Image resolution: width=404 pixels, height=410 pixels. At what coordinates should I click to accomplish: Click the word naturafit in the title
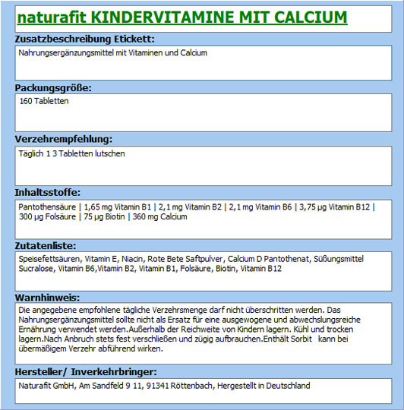pos(50,17)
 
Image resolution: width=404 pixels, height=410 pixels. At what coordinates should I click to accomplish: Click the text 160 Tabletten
pos(44,101)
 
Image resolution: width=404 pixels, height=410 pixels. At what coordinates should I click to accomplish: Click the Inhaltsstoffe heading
pos(47,192)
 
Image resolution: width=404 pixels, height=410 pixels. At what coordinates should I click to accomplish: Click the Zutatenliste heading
pos(46,245)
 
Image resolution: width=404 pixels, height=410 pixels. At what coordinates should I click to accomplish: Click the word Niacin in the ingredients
pos(134,259)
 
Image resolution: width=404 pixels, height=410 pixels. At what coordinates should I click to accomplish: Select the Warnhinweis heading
pos(47,298)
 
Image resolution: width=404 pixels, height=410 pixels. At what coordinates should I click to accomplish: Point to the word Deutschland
pos(286,386)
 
